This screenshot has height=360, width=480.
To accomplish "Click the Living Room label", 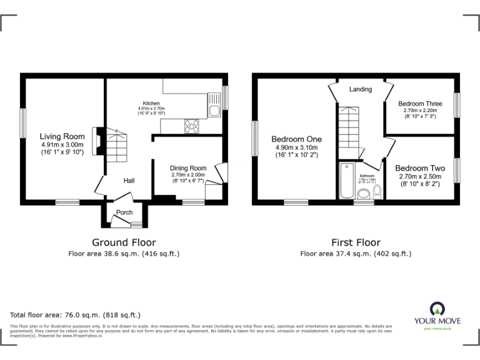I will pos(62,136).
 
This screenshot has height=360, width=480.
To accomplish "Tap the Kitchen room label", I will pos(151,103).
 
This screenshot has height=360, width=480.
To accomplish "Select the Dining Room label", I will pos(188,168).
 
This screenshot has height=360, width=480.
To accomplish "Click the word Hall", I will pos(129,181).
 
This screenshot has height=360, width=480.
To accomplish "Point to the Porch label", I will pos(124,212).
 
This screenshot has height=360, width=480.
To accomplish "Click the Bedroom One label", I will pos(296,139).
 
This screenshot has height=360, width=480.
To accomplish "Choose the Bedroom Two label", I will pos(419,168).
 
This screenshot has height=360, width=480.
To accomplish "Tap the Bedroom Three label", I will pos(420,104).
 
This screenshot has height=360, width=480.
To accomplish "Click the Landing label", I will pos(361,89).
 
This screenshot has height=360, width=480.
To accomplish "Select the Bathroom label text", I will pos(367,176).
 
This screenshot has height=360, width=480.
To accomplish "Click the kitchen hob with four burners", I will pos(191,126).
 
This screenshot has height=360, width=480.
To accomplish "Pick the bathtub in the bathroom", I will pos(346,181).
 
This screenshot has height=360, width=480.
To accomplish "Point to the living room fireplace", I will pos(96,141).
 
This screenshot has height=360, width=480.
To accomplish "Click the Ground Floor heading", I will pos(124,242).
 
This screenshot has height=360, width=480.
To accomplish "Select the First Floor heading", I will pos(355,242).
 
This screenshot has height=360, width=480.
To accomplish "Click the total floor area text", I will pos(76,315).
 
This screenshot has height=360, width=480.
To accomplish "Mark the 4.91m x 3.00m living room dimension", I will pos(62,144).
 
